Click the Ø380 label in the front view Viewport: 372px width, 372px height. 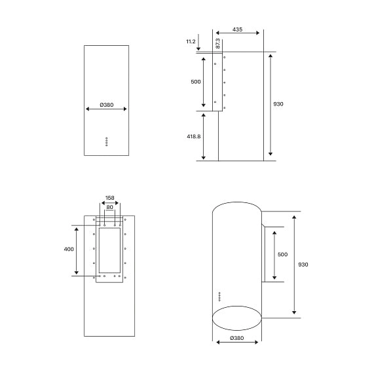[x=106, y=104]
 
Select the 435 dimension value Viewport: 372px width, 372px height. [x=237, y=29]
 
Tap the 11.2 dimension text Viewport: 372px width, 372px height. [x=191, y=41]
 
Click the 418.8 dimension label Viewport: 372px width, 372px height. [x=193, y=136]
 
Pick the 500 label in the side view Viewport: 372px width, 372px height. [x=195, y=82]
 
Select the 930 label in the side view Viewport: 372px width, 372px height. [x=278, y=104]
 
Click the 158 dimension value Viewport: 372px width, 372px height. [x=109, y=198]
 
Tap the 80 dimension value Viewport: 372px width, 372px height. [x=109, y=208]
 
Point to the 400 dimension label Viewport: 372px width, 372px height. [x=69, y=250]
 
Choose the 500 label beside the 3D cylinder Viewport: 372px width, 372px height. [x=282, y=254]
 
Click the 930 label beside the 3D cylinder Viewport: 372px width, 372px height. [x=303, y=265]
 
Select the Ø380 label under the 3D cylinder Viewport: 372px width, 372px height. [x=236, y=338]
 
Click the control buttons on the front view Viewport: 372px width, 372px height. [x=106, y=142]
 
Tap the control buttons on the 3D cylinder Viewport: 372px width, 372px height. [x=219, y=298]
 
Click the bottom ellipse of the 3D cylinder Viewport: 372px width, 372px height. [x=236, y=319]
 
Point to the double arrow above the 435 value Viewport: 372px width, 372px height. [x=237, y=33]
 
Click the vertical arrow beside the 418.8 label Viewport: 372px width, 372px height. [x=204, y=136]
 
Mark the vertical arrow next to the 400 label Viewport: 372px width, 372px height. [x=77, y=250]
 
